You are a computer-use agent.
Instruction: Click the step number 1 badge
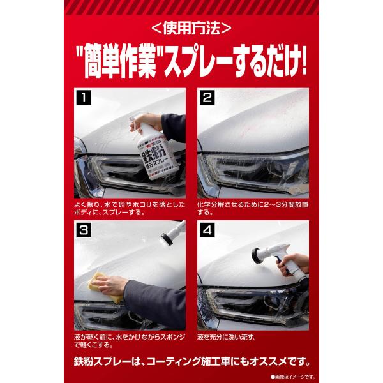coord(84,98)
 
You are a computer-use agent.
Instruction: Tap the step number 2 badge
coord(207,98)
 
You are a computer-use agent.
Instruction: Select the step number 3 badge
coord(84,230)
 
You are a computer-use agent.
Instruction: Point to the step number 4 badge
coord(207,230)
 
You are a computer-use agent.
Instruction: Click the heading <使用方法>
coord(191,28)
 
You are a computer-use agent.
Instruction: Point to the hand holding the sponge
coord(110,285)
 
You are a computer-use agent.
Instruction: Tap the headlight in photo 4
coord(252,305)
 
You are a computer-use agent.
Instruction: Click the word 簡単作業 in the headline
coord(120,63)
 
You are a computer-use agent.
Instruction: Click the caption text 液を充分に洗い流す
coord(227,338)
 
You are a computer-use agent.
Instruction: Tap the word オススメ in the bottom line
coord(267,362)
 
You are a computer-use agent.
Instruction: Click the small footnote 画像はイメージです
coord(292,377)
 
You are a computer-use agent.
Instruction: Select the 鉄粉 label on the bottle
coord(155,154)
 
